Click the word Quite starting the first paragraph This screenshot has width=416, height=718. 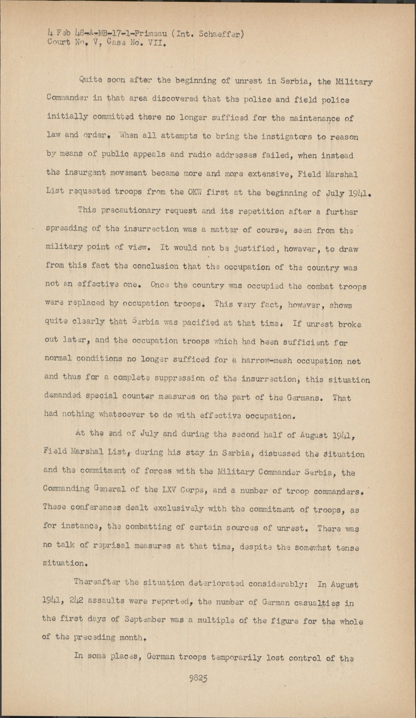point(91,80)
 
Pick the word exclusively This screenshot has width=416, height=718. point(178,509)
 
